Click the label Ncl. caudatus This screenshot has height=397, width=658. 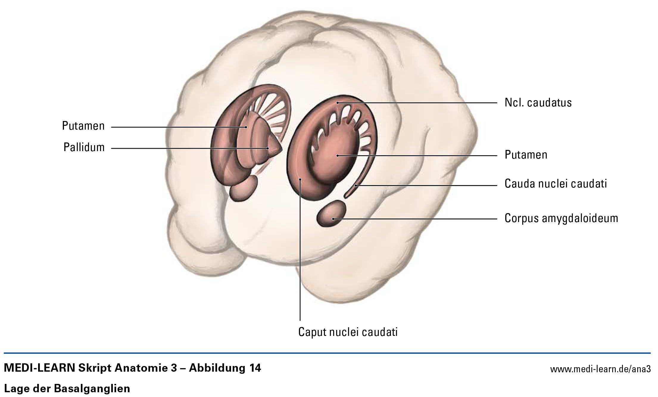[538, 103]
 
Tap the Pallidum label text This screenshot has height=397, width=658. [84, 147]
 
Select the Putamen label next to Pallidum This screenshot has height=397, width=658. [83, 126]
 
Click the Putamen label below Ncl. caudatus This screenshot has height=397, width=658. [526, 155]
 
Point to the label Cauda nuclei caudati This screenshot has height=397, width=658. [556, 184]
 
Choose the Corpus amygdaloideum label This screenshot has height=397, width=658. [561, 218]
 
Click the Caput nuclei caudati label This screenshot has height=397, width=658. [348, 332]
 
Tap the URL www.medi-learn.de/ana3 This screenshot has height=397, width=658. [600, 369]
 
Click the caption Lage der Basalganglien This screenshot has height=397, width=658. [67, 389]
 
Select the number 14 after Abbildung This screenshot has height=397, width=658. [254, 368]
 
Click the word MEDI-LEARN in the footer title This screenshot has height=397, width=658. [39, 368]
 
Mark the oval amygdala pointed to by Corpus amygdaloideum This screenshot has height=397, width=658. [331, 213]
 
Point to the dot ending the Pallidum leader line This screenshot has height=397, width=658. [268, 148]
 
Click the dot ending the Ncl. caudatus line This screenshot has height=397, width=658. [337, 103]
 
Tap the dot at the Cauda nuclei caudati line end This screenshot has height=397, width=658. [356, 186]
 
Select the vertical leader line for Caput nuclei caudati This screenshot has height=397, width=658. [300, 250]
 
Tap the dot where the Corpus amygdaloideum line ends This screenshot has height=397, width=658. [333, 219]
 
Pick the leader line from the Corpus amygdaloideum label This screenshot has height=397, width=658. [415, 219]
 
